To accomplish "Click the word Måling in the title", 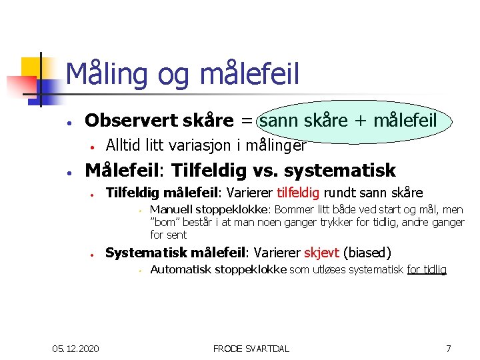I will (107, 74).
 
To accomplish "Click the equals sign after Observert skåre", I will (246, 121).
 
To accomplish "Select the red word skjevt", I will (322, 253).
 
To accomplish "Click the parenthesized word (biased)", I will (367, 253).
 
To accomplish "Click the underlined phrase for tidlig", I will (426, 269).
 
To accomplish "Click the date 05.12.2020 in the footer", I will (76, 348).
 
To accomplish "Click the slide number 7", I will (449, 348).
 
